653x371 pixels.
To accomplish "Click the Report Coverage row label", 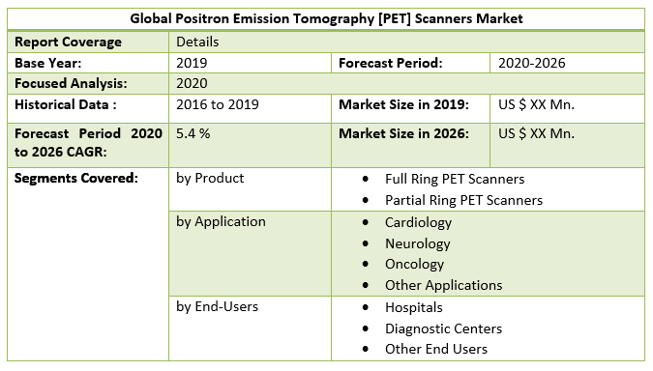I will tap(68, 43).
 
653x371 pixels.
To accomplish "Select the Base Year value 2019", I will tap(192, 63).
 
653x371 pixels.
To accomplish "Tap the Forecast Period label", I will tap(390, 63).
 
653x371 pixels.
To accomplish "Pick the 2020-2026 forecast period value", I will tap(531, 63).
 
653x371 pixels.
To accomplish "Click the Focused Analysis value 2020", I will tap(192, 83).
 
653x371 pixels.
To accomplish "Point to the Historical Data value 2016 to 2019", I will tap(217, 103).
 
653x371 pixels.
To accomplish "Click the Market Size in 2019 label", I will tap(403, 103).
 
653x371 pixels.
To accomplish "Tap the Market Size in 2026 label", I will tap(403, 132).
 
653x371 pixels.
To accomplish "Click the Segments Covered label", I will tap(76, 179).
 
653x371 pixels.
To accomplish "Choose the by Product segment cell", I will tap(210, 179).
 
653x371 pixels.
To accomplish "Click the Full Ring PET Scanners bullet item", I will tap(454, 179).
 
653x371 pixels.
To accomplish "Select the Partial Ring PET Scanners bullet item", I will tap(463, 200).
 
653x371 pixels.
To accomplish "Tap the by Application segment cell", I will tap(221, 221).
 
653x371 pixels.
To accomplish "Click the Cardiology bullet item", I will tap(418, 222).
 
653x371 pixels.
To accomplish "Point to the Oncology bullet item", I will tap(414, 264).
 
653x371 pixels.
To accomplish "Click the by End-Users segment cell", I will tap(217, 306).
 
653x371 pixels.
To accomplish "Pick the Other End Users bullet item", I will tap(435, 349).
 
